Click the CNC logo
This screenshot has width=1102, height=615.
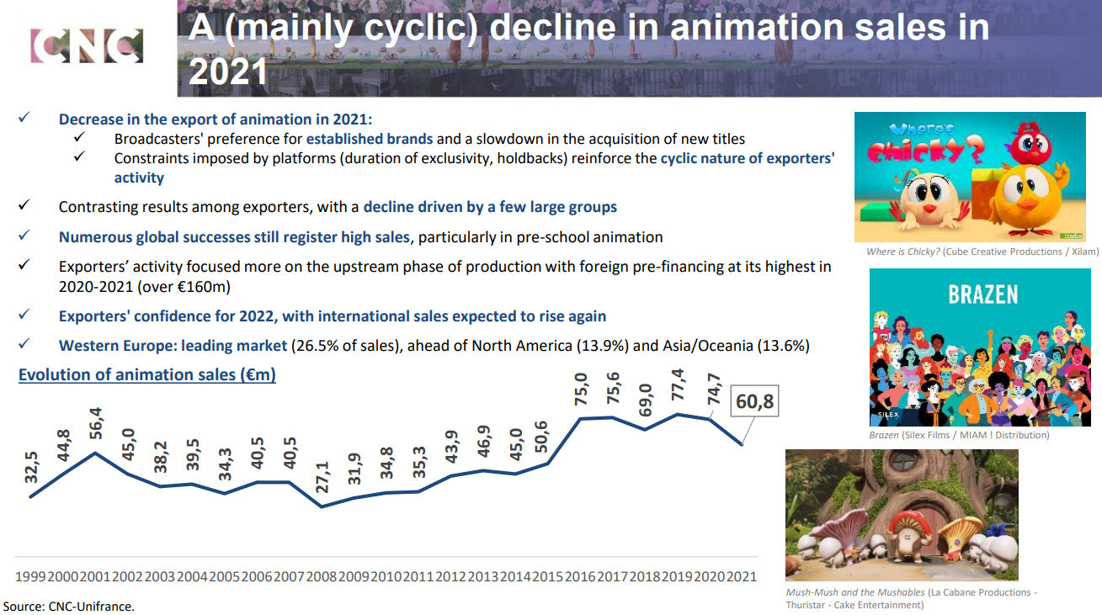(x=86, y=45)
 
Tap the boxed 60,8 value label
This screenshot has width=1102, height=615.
(x=754, y=402)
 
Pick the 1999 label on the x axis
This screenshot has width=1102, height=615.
(x=30, y=577)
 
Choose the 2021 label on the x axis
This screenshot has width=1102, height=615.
(x=742, y=577)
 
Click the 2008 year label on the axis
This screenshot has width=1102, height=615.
(x=321, y=577)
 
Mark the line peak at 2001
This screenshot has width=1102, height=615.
(x=97, y=453)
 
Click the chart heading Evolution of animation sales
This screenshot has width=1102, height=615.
(x=147, y=374)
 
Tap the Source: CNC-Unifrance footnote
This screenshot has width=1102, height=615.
(x=69, y=606)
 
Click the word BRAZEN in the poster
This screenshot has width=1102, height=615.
(x=982, y=294)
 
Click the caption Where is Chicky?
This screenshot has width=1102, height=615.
(x=903, y=252)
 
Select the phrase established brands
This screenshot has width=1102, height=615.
(x=369, y=139)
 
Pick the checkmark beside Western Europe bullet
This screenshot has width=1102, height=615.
(x=24, y=345)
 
